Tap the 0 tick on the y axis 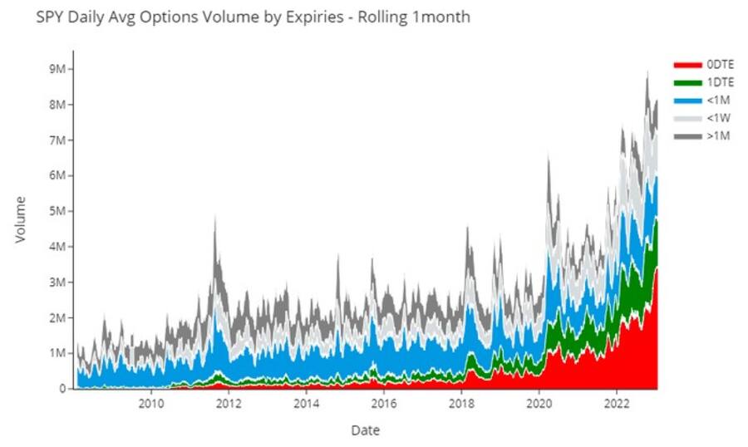tap(62, 388)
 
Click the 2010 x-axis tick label tap(150, 405)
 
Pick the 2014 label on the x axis tap(307, 405)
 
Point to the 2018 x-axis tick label tap(460, 405)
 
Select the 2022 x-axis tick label tap(616, 405)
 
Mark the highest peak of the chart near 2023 tap(647, 72)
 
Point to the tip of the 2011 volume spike tap(215, 217)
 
